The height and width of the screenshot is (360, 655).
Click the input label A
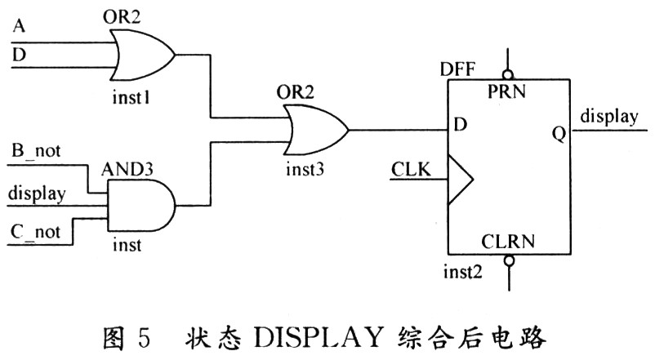coord(19,26)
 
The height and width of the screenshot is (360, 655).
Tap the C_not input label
coord(35,230)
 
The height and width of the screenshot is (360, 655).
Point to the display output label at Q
coord(609,117)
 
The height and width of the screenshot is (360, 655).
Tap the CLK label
coord(413,171)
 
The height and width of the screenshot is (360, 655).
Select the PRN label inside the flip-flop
coord(508,91)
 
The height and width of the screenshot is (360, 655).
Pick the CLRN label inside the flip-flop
coord(508,241)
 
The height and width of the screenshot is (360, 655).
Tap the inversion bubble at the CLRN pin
coord(508,261)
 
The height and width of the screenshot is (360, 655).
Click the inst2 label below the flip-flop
coord(465,270)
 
